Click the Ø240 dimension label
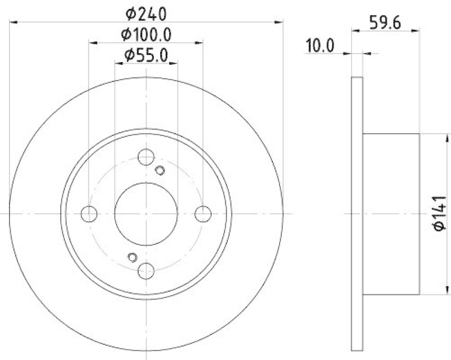pyautogui.click(x=146, y=12)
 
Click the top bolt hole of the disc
pyautogui.click(x=146, y=157)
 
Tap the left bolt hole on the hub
pyautogui.click(x=89, y=214)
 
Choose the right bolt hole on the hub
pyautogui.click(x=203, y=214)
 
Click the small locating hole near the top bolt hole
pyautogui.click(x=160, y=171)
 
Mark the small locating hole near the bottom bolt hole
pyautogui.click(x=132, y=257)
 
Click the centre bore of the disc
pyautogui.click(x=146, y=214)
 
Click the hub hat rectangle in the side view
pyautogui.click(x=391, y=214)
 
